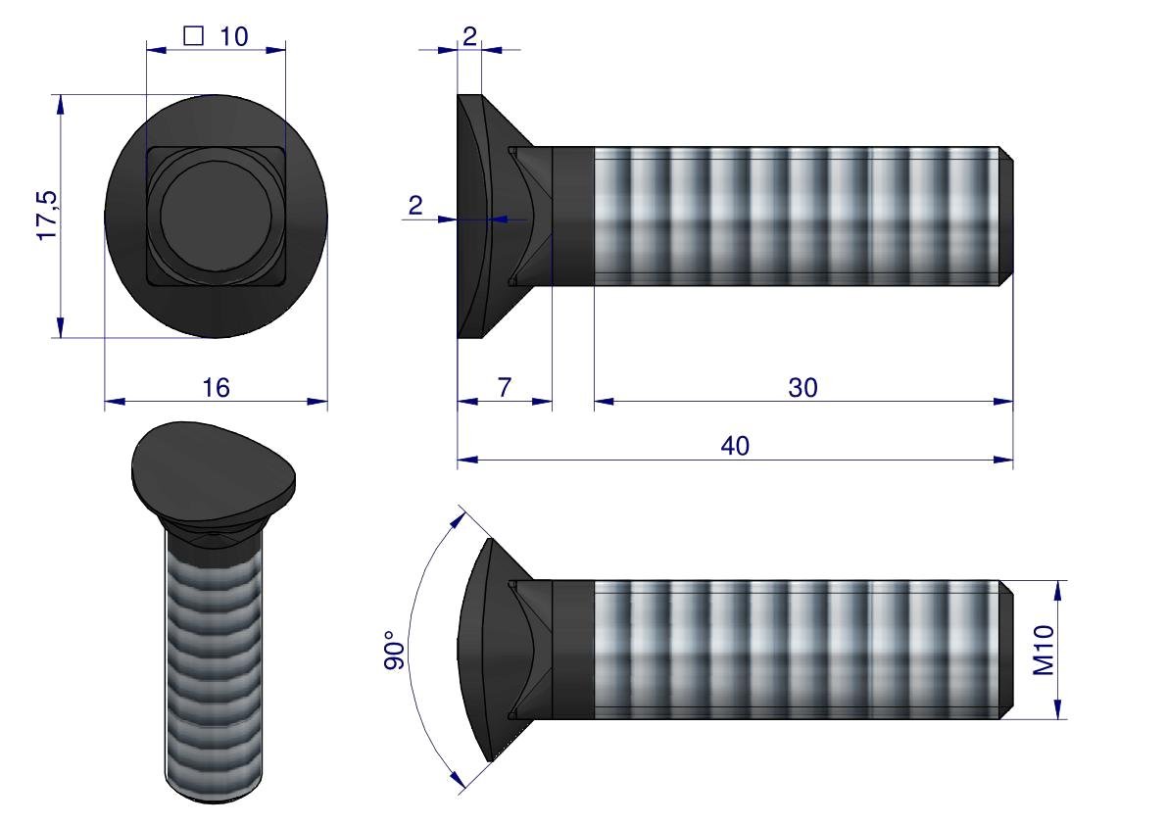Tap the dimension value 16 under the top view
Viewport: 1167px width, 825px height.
pos(216,388)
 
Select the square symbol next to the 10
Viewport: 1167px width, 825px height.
pos(193,36)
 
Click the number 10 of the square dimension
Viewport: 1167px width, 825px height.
pos(233,36)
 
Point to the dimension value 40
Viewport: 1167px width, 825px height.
pos(735,446)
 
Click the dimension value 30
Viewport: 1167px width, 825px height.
pos(802,388)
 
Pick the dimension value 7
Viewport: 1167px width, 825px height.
pos(504,388)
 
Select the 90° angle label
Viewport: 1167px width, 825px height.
pos(394,651)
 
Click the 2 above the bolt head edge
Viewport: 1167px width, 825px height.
pos(469,36)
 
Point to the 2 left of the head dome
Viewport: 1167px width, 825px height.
pos(415,206)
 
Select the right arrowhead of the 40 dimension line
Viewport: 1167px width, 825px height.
pos(1006,459)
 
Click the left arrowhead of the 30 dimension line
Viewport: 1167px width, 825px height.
pos(601,400)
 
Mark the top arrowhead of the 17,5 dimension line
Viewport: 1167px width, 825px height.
pos(61,102)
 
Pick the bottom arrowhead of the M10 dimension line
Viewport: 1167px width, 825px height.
pos(1059,711)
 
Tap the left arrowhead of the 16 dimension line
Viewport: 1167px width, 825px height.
pos(112,400)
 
